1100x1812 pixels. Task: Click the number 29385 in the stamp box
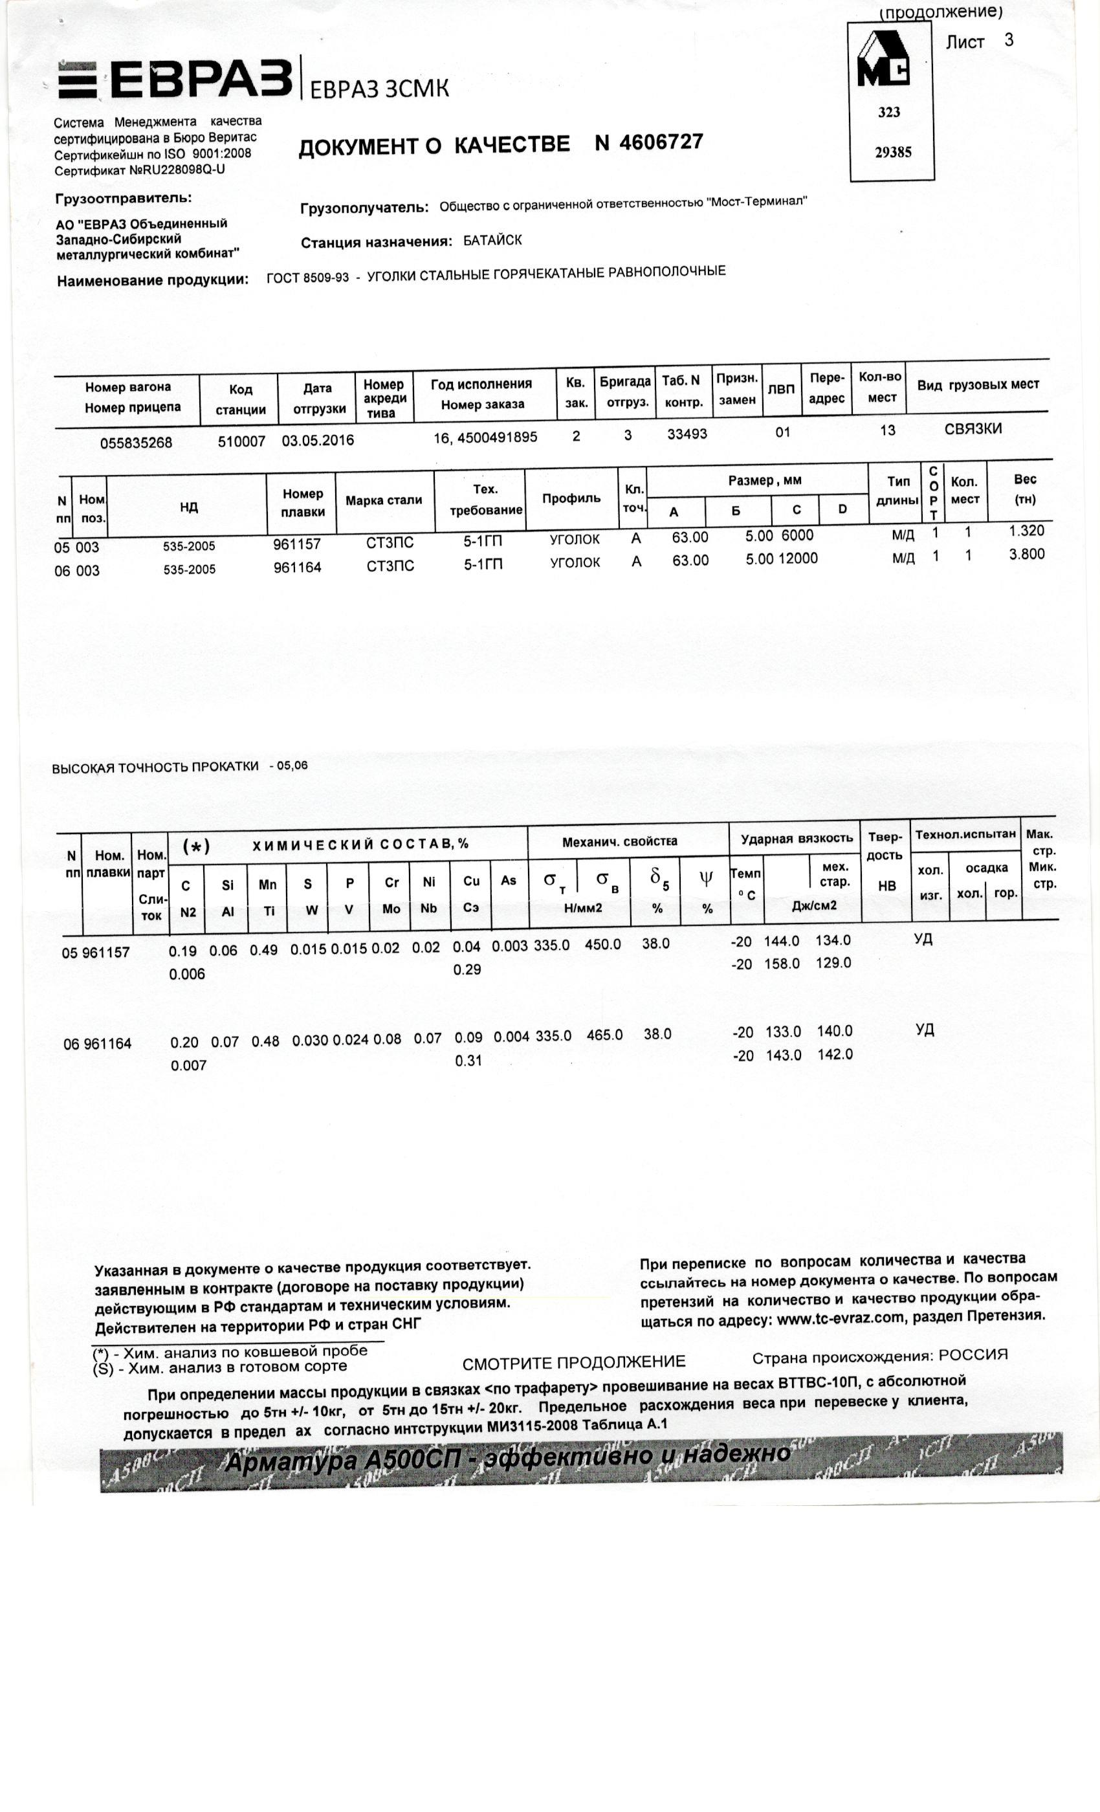[893, 152]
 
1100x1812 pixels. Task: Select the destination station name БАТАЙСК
[492, 241]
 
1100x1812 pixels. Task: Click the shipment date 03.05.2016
[318, 441]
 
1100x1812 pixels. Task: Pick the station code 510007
[241, 442]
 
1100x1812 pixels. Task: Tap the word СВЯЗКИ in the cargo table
[973, 428]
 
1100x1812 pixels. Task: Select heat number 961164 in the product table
[297, 567]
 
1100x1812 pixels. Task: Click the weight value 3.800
[1026, 555]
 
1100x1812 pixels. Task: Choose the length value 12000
[798, 558]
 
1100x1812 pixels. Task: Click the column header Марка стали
[384, 500]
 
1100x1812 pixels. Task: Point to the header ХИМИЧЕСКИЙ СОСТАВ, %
[360, 845]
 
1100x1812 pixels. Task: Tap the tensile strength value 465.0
[604, 1035]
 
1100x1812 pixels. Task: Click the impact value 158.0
[782, 964]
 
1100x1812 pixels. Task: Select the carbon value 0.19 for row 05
[182, 950]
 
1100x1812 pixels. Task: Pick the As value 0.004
[511, 1037]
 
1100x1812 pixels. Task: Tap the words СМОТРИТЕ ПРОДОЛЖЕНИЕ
[573, 1363]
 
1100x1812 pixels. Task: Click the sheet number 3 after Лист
[1008, 39]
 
